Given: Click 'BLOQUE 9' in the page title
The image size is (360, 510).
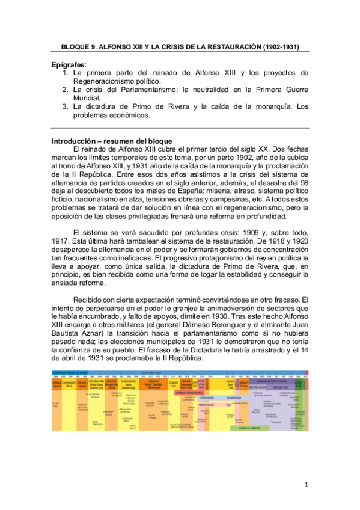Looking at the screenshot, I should [x=82, y=46].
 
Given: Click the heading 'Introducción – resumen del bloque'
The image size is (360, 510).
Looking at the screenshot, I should [x=112, y=141].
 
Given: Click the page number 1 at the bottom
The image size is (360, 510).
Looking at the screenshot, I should [x=305, y=484].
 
